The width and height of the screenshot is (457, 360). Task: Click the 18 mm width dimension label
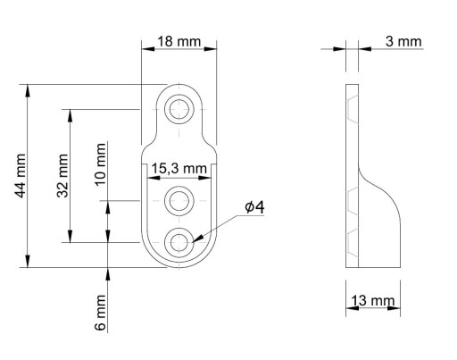pyautogui.click(x=179, y=41)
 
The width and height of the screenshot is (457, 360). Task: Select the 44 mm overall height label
pyautogui.click(x=21, y=176)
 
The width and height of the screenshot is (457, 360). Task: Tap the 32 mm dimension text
pyautogui.click(x=62, y=176)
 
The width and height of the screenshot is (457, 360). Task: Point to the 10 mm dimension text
pyautogui.click(x=100, y=164)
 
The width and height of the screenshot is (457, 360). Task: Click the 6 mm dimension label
pyautogui.click(x=100, y=313)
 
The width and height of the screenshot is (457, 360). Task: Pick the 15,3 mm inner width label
pyautogui.click(x=179, y=169)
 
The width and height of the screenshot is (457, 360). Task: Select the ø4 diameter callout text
pyautogui.click(x=254, y=207)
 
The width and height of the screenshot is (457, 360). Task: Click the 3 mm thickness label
pyautogui.click(x=403, y=41)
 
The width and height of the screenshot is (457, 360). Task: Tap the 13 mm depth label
pyautogui.click(x=373, y=300)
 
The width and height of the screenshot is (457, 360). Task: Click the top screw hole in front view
pyautogui.click(x=179, y=109)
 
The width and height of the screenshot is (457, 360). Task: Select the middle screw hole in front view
pyautogui.click(x=179, y=201)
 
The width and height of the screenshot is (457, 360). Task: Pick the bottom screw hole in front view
pyautogui.click(x=179, y=242)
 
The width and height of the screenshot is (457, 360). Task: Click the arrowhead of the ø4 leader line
pyautogui.click(x=198, y=239)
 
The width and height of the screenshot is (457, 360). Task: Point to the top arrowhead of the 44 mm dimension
pyautogui.click(x=28, y=91)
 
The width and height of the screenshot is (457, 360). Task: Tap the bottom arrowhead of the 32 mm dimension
pyautogui.click(x=70, y=236)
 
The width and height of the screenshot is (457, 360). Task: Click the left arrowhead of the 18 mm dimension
pyautogui.click(x=148, y=48)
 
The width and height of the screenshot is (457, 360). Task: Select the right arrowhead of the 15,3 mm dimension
pyautogui.click(x=204, y=178)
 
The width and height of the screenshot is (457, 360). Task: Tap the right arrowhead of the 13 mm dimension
pyautogui.click(x=394, y=308)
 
